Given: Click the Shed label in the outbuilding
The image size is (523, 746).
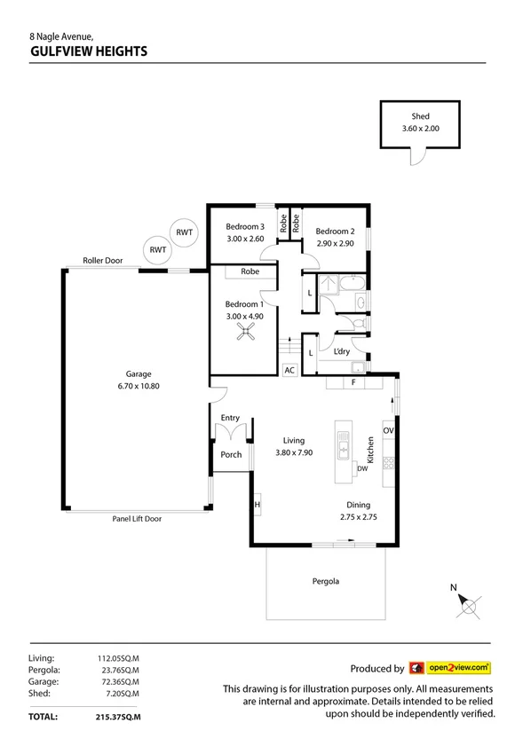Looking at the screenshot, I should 420,116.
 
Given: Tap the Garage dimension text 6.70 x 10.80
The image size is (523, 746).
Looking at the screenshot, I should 137,386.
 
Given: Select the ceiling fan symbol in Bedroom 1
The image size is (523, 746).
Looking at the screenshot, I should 244,332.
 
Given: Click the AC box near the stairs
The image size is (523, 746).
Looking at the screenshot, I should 289,371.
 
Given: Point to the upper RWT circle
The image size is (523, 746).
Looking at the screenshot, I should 184,232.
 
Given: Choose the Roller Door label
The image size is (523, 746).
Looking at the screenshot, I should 102,262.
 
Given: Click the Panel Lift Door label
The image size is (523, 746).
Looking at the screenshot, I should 137,519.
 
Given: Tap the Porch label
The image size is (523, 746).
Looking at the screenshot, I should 231,455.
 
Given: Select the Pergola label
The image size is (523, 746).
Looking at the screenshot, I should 326,582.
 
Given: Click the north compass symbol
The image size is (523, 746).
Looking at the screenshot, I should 467,605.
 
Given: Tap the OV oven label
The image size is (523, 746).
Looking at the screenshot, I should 388,430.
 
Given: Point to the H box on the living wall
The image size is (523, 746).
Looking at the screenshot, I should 257,505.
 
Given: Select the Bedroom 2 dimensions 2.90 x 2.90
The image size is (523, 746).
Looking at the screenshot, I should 335,243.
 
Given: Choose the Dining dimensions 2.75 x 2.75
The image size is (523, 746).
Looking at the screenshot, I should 359,517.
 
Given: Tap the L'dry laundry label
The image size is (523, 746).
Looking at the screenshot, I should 341,352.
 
